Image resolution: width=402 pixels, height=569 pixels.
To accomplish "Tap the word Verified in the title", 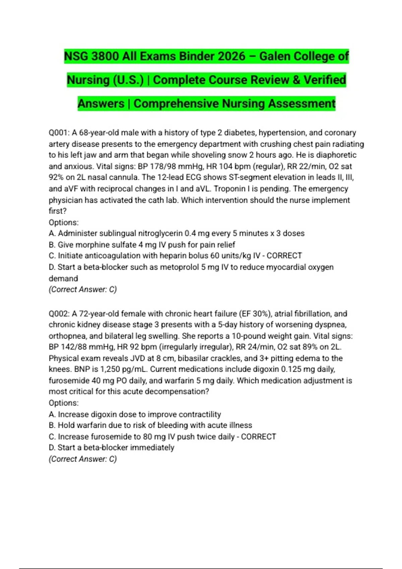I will coord(325,80).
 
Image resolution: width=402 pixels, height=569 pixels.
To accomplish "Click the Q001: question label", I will coord(59,133).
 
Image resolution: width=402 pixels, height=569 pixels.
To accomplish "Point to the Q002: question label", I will coord(59,314).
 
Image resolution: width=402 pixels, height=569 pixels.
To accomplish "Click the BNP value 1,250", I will coord(110,369).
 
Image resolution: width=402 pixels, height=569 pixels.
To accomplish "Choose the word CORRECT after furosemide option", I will coord(259,436).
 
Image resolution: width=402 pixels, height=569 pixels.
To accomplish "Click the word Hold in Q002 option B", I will coord(66,425).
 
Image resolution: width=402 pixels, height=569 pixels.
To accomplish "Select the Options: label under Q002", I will coord(64,403).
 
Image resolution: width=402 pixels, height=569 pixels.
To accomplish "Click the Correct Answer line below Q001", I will coord(83,290).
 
